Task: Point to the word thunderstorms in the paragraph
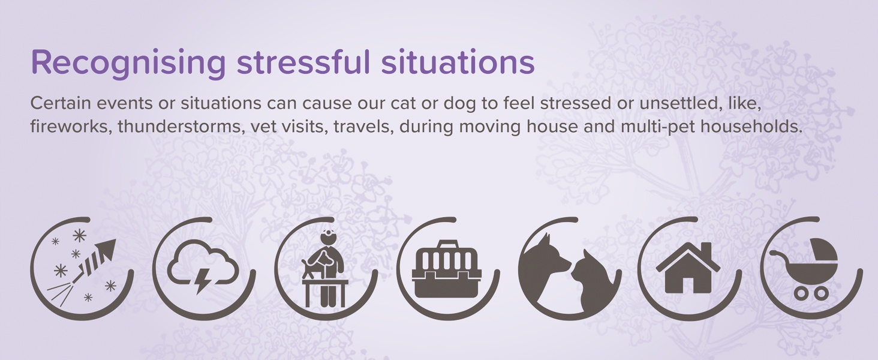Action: (178, 126)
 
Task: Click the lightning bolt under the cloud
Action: (202, 280)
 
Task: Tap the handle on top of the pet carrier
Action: (447, 245)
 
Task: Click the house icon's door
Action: (688, 284)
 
